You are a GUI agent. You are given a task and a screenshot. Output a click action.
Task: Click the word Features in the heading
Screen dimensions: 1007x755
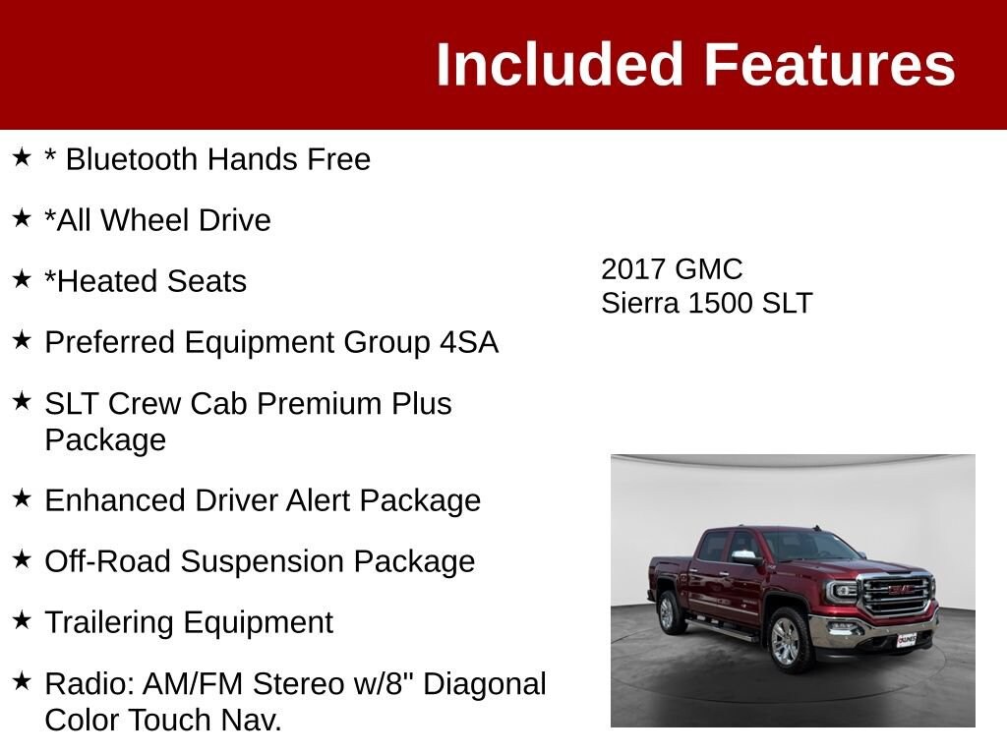tap(830, 64)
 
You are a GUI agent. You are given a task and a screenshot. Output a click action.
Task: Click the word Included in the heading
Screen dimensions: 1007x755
tap(559, 64)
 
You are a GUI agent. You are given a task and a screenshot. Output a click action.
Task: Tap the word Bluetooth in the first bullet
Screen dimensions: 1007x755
tap(132, 158)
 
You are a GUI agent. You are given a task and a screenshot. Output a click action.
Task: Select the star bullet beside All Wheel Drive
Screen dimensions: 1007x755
tap(22, 218)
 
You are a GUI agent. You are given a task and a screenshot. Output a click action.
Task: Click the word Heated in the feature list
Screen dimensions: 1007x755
tap(97, 281)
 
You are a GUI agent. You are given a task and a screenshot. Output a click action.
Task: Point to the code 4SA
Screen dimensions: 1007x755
tap(469, 341)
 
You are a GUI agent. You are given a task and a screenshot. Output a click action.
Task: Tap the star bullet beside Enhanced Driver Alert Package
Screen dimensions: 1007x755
tap(22, 498)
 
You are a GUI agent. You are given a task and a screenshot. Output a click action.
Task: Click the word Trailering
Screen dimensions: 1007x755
tap(108, 622)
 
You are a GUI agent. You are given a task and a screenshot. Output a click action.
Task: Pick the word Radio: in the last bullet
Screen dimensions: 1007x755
tap(89, 683)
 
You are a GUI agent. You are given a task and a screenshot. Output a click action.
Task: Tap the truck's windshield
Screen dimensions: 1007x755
tap(810, 546)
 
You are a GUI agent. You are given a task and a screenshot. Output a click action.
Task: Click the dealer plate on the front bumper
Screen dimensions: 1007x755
tap(907, 639)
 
